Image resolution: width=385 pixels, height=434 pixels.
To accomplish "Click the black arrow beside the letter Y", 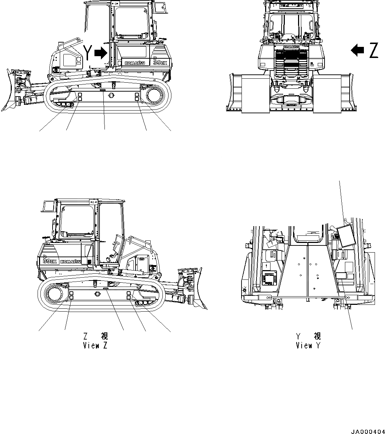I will click(x=101, y=53).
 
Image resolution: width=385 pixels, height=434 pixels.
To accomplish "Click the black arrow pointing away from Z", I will click(x=357, y=50).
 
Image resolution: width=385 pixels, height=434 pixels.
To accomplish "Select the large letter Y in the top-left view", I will click(x=88, y=53).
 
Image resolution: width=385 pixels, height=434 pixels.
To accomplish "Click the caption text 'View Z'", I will click(x=95, y=345).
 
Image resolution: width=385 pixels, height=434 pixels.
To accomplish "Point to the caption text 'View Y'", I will click(x=308, y=345).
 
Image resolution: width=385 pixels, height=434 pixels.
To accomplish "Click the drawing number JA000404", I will click(x=365, y=429).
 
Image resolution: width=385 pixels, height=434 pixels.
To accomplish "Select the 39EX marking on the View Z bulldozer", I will click(x=50, y=261).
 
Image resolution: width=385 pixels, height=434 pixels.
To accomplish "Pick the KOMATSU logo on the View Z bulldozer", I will click(x=72, y=262).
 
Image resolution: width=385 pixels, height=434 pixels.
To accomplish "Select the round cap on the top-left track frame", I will click(x=111, y=96).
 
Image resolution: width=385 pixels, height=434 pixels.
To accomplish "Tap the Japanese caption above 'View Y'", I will click(x=308, y=336).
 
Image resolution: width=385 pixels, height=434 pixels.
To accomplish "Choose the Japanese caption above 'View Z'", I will click(x=95, y=336).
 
